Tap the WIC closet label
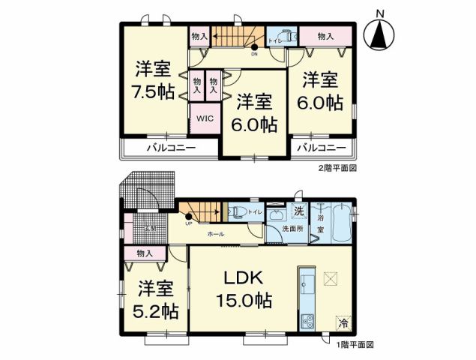tap(205, 118)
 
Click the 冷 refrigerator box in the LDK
tap(343, 323)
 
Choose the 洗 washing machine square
tap(298, 211)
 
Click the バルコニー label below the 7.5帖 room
tap(170, 148)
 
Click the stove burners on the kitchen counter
tap(307, 323)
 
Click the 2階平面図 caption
tap(337, 168)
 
